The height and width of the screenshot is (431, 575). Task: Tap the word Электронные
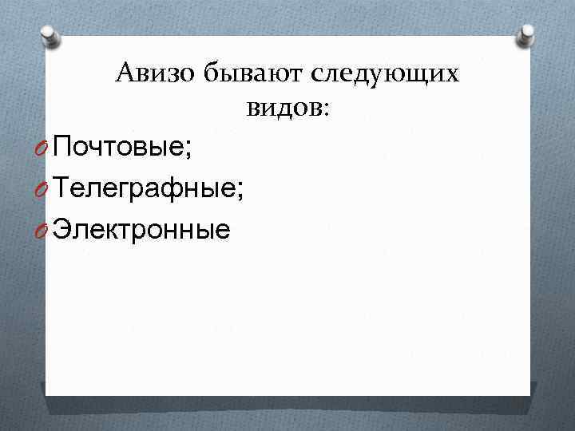[x=144, y=230]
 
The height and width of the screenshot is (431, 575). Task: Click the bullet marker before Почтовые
[x=46, y=148]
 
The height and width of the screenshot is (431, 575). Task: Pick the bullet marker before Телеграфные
[x=46, y=190]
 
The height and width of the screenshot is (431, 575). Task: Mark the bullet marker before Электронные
[x=46, y=231]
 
